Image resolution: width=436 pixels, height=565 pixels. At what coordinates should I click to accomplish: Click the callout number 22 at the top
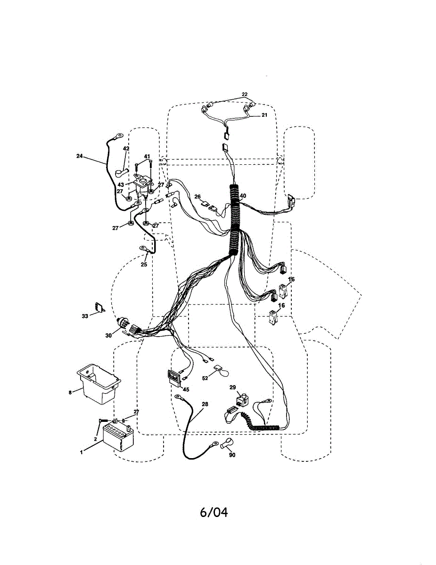point(244,95)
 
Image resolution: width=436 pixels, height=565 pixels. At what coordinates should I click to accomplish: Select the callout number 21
point(264,115)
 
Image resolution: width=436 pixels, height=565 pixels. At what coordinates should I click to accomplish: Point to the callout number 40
point(243,196)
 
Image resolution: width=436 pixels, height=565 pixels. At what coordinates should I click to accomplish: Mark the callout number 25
point(143,264)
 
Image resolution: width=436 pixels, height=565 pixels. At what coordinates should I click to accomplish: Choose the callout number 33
point(85,316)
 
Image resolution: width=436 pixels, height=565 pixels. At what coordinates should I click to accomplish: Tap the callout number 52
point(205,378)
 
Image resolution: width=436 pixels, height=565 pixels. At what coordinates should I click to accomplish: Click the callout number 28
point(205,404)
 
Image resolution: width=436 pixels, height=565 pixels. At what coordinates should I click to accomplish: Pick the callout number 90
point(231,455)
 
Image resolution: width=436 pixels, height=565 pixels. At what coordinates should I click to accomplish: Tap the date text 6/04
point(214,512)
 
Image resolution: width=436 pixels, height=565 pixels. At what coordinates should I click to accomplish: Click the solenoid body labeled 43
point(141,185)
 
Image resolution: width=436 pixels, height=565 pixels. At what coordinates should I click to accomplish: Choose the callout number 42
point(126,148)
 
